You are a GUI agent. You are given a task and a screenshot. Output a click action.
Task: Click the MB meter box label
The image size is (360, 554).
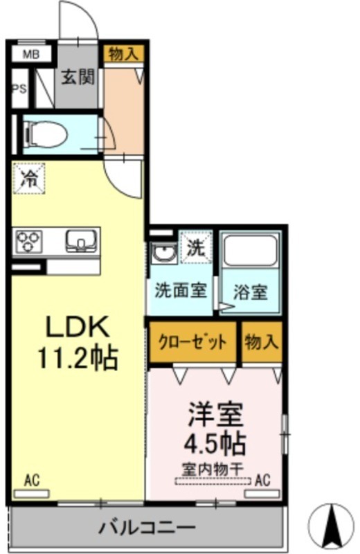(31, 55)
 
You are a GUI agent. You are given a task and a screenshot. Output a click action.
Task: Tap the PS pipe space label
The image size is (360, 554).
(20, 89)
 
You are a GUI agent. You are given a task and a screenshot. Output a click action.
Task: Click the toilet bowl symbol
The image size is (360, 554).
(46, 134)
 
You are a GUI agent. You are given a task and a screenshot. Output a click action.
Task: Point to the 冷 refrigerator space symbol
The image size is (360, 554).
(29, 179)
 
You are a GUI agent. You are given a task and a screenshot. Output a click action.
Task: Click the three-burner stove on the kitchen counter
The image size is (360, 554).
(28, 241)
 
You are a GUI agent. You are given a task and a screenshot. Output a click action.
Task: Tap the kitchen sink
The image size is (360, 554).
(81, 240)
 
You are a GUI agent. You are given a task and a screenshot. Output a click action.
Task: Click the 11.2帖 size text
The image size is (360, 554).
(78, 357)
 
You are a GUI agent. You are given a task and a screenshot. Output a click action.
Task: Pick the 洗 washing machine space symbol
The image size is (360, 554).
(196, 247)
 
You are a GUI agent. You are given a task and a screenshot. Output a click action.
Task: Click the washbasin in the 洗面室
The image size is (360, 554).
(164, 252)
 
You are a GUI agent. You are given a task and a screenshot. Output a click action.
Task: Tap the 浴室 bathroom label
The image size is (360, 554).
(250, 292)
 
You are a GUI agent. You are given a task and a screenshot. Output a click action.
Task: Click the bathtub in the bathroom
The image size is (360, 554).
(251, 250)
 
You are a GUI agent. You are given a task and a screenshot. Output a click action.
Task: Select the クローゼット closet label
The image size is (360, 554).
(192, 341)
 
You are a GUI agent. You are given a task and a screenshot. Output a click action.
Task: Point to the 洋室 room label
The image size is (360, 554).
(215, 414)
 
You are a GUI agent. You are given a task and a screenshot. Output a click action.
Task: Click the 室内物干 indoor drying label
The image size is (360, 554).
(213, 470)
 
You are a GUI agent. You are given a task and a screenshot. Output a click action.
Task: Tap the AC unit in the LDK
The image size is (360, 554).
(31, 494)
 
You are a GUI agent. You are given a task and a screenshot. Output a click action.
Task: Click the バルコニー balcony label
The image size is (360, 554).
(147, 528)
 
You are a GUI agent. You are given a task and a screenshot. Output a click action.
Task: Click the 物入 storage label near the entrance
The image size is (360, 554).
(123, 54)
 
